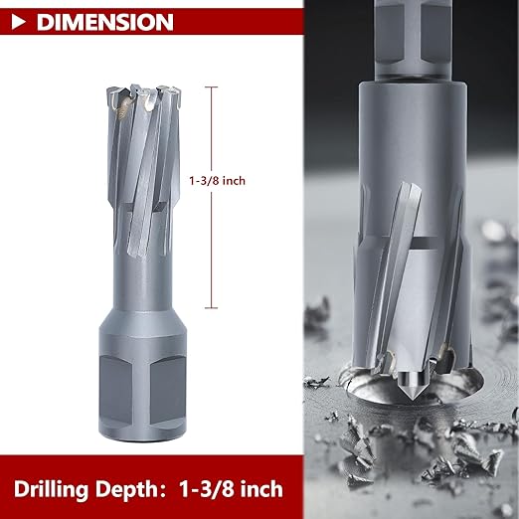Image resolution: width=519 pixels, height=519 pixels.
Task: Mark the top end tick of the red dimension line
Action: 211,87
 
